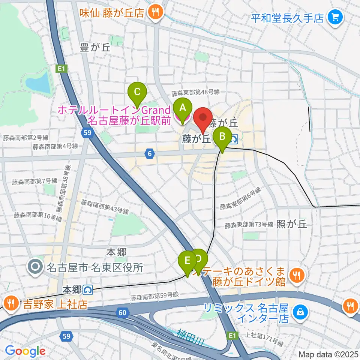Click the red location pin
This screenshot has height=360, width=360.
(x=202, y=120)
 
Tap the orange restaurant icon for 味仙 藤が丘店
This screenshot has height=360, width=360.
(x=154, y=12)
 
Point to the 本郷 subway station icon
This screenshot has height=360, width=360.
(x=88, y=290)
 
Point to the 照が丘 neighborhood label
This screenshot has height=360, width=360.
(x=291, y=224)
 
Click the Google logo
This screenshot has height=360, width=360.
(x=25, y=351)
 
